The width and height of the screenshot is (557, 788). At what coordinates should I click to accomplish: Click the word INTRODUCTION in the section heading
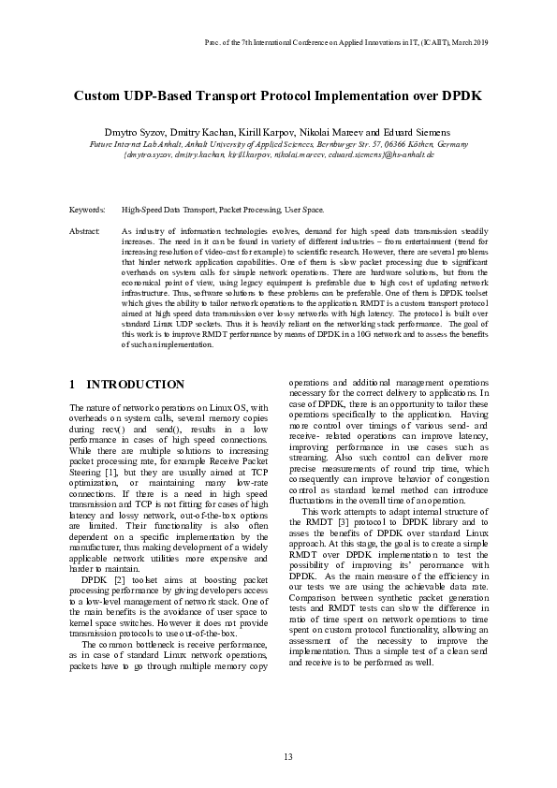(x=136, y=385)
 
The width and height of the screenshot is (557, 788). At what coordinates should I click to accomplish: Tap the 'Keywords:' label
(x=87, y=212)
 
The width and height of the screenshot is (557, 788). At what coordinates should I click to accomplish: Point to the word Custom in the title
(x=100, y=96)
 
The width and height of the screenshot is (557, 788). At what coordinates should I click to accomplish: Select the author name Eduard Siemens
(x=418, y=133)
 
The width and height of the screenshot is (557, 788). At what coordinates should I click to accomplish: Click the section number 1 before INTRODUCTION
(x=73, y=385)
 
